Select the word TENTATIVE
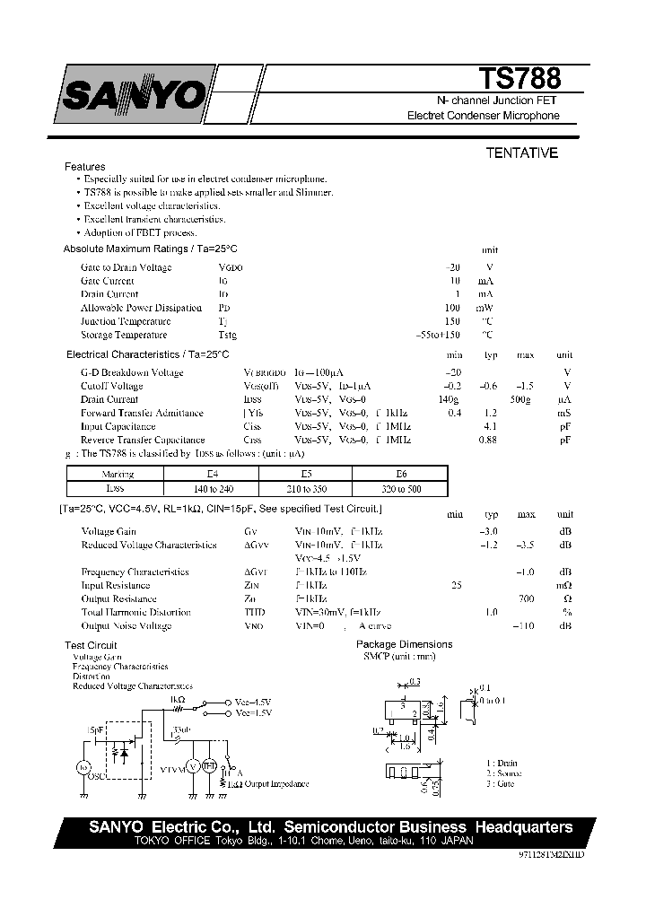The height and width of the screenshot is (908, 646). point(521,153)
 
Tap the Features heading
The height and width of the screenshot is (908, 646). point(84,167)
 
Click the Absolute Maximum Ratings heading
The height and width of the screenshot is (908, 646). point(150,249)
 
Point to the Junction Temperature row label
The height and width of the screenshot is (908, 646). point(125,321)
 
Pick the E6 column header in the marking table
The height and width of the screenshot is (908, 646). point(400,475)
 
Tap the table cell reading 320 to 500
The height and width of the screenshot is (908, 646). point(400,489)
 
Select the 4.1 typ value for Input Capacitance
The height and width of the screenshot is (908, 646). point(491,426)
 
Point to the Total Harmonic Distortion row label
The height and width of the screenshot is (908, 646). point(135,612)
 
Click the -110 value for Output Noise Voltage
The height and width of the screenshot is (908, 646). point(524,625)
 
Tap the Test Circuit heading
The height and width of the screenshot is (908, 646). point(91,645)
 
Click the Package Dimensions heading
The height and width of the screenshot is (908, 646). point(404,644)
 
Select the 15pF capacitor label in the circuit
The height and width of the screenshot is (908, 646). point(95,730)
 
